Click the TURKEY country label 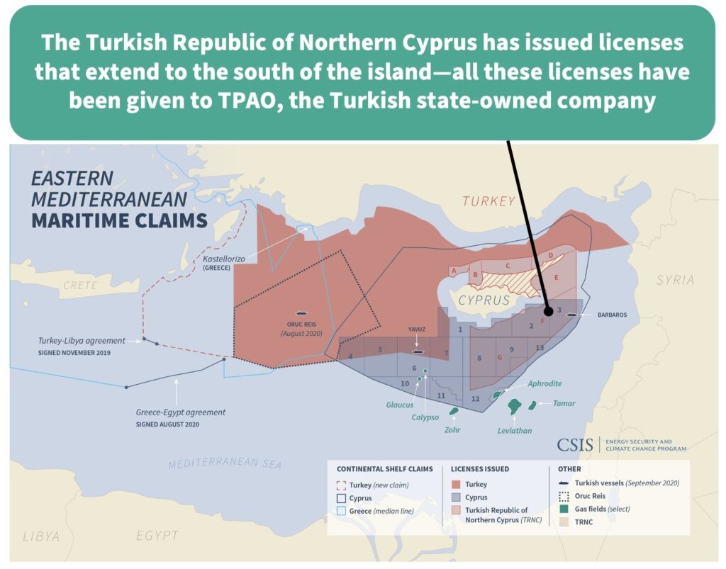tap(488, 201)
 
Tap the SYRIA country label tap(674, 280)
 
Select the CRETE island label tap(79, 286)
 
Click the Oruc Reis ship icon tap(301, 312)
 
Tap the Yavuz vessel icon tap(418, 350)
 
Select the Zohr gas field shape tap(453, 410)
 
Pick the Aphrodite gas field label tap(544, 383)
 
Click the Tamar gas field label tap(563, 404)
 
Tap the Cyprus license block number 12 tap(475, 399)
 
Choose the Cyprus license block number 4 tap(350, 356)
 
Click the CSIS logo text tap(574, 445)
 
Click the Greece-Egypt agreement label tap(180, 412)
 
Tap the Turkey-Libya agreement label tap(82, 341)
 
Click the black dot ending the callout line tap(548, 310)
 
